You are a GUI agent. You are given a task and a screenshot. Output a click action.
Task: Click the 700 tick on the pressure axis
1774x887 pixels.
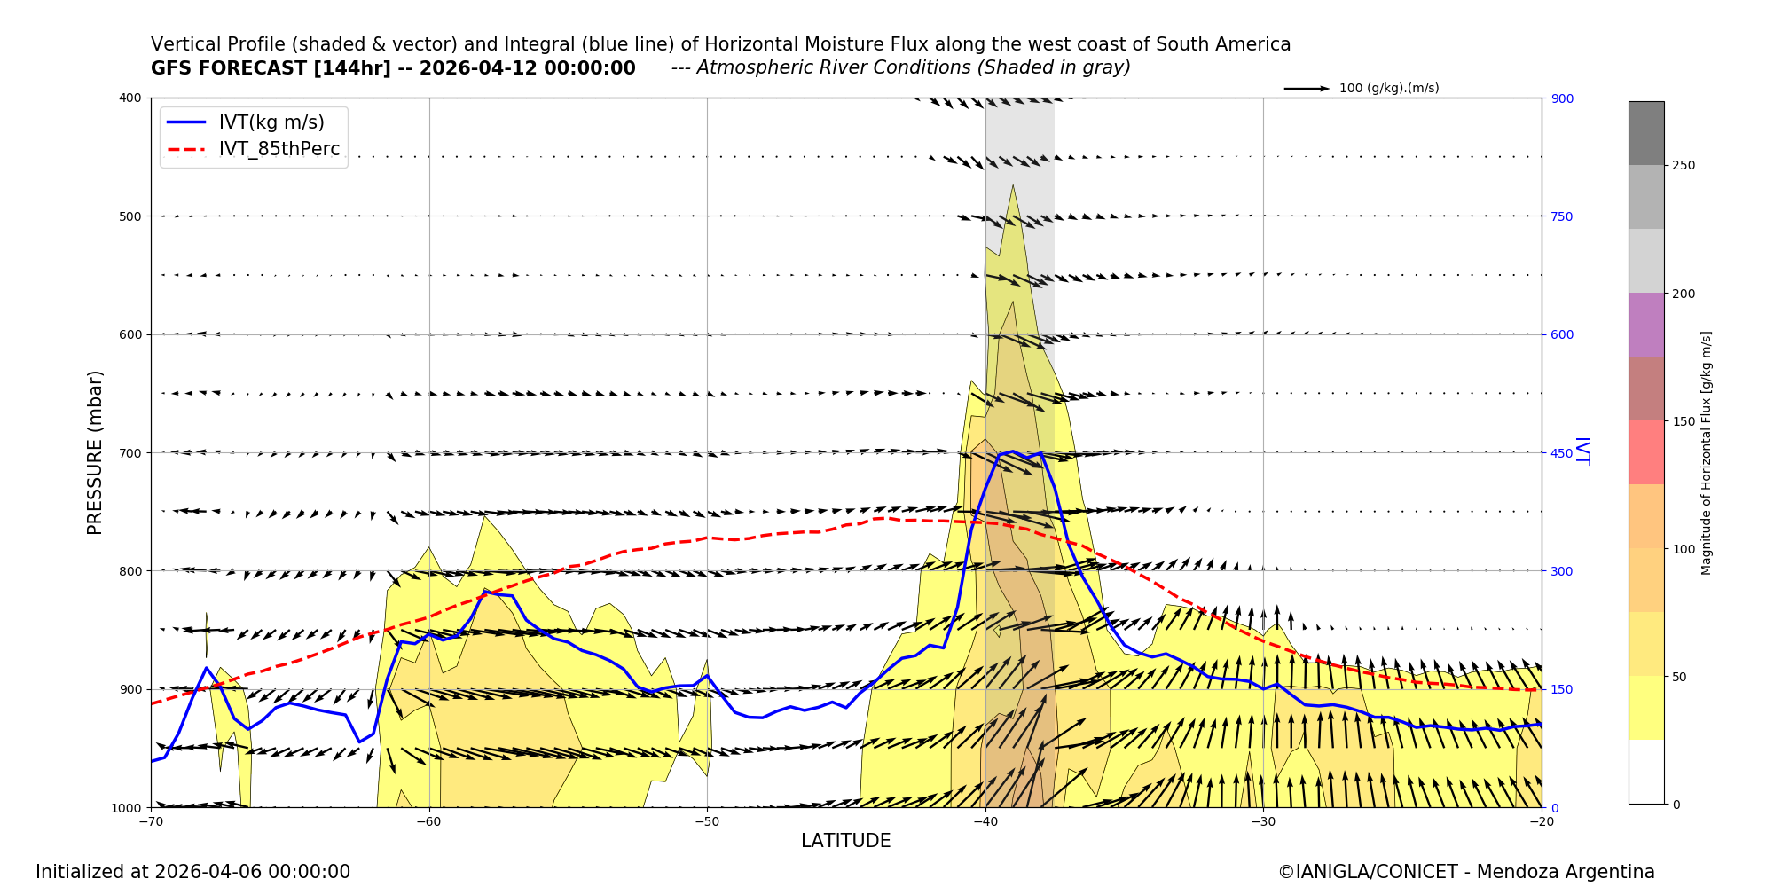(x=130, y=452)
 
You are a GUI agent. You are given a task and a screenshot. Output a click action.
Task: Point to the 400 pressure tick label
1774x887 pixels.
(x=130, y=98)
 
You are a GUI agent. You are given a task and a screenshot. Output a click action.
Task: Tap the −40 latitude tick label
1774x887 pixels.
(x=985, y=821)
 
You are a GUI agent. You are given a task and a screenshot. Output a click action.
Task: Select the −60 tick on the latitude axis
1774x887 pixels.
(x=428, y=821)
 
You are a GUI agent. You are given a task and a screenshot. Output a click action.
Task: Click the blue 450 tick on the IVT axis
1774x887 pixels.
(x=1561, y=453)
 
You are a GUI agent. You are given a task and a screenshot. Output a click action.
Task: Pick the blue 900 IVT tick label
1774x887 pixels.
(x=1561, y=98)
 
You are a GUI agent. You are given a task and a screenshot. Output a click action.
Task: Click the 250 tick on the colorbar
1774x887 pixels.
(x=1683, y=165)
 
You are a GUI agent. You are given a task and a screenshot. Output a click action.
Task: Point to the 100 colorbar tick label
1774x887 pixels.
(x=1683, y=549)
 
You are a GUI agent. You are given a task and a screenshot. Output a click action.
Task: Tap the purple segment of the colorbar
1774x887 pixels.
(x=1645, y=325)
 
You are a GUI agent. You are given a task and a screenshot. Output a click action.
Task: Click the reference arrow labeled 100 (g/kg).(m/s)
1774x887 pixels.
(x=1307, y=89)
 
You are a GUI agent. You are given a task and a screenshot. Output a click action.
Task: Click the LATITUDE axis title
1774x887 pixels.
(x=845, y=841)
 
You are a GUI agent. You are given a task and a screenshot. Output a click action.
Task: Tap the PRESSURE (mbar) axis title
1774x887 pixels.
(x=95, y=452)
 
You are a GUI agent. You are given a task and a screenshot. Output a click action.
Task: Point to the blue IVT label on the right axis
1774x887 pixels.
(x=1581, y=451)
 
